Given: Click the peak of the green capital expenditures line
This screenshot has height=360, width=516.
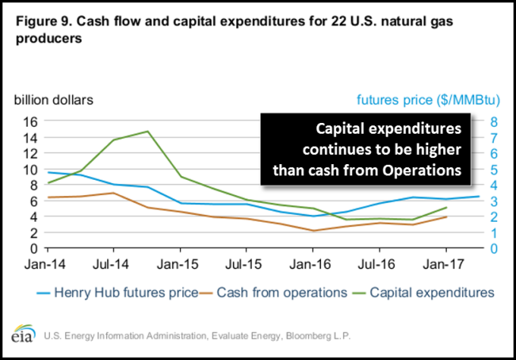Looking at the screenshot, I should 147,131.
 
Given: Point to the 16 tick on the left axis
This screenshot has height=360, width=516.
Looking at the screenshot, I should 30,122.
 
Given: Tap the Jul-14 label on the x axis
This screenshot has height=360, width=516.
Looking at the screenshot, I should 113,267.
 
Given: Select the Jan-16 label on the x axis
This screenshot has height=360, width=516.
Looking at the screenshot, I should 313,267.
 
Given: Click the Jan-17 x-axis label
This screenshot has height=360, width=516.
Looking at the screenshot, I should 445,267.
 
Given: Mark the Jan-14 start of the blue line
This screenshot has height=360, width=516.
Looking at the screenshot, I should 47,172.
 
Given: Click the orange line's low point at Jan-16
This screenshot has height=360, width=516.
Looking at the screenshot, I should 313,231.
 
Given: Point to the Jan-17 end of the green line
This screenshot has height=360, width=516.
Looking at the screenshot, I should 445,207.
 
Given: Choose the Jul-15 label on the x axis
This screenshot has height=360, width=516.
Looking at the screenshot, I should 246,267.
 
